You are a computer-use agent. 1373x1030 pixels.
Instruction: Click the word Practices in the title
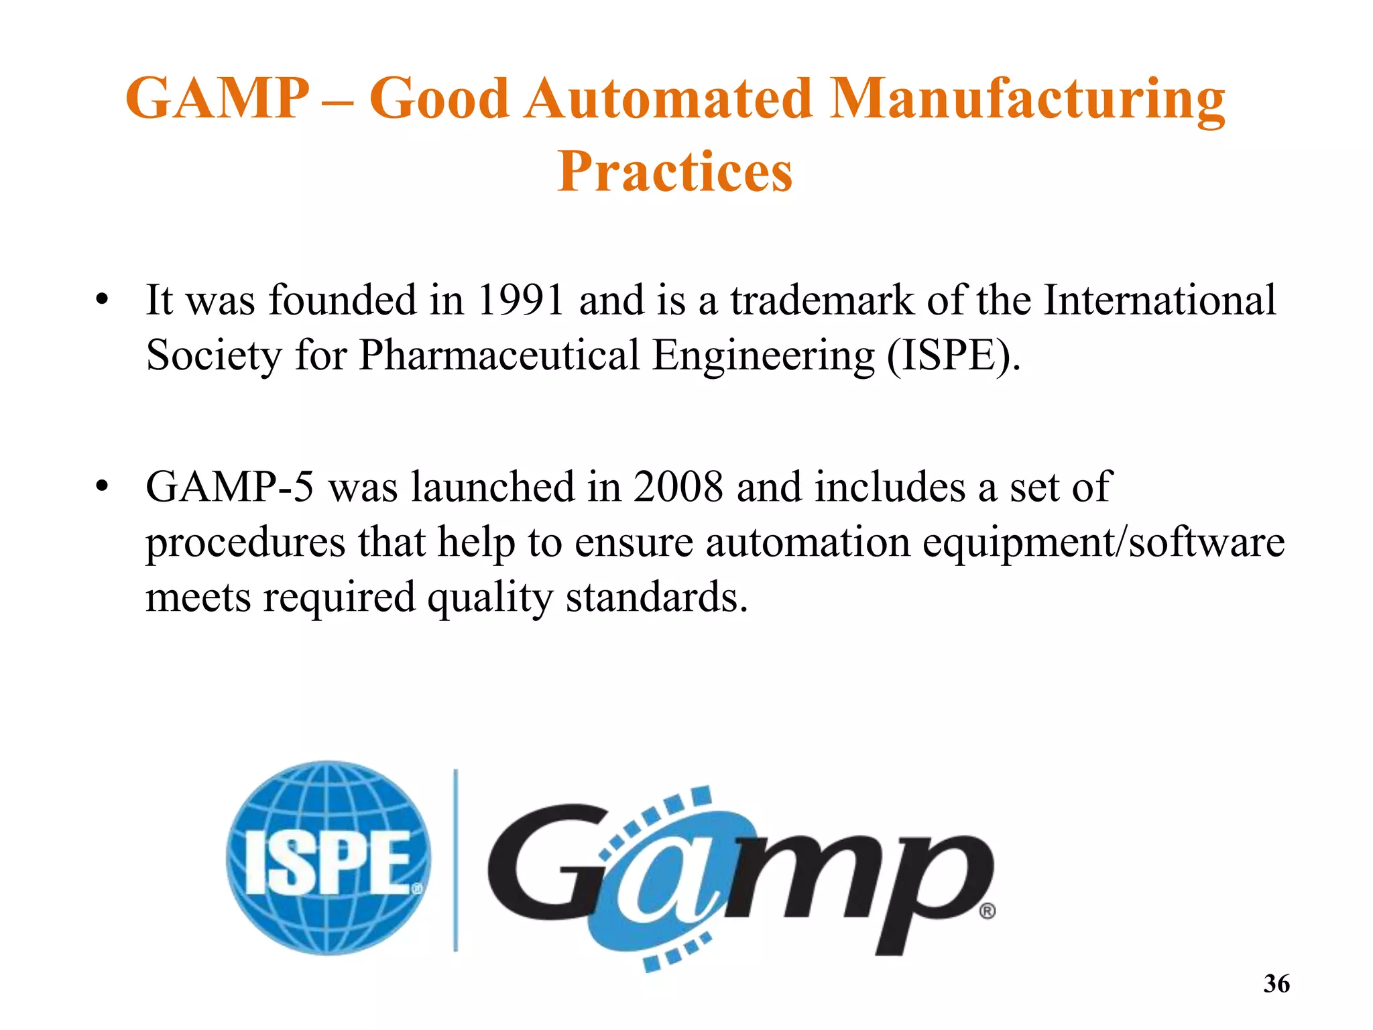click(x=674, y=172)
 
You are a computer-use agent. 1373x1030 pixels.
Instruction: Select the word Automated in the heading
click(x=668, y=99)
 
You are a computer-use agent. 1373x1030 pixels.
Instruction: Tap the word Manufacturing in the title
click(x=1027, y=99)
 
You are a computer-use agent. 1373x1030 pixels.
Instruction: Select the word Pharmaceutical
click(x=499, y=355)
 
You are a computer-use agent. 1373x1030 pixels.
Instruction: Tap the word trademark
click(x=822, y=300)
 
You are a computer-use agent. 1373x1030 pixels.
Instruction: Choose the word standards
click(x=656, y=597)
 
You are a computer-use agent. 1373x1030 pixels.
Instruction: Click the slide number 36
click(x=1276, y=984)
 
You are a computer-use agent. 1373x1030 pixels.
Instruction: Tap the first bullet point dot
click(x=101, y=300)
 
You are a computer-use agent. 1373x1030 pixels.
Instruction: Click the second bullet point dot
click(x=101, y=486)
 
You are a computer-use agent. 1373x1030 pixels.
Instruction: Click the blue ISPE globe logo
click(x=329, y=858)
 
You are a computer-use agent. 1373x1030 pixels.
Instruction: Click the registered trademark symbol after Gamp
click(x=987, y=911)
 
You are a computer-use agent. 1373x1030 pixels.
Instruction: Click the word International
click(x=1160, y=300)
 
